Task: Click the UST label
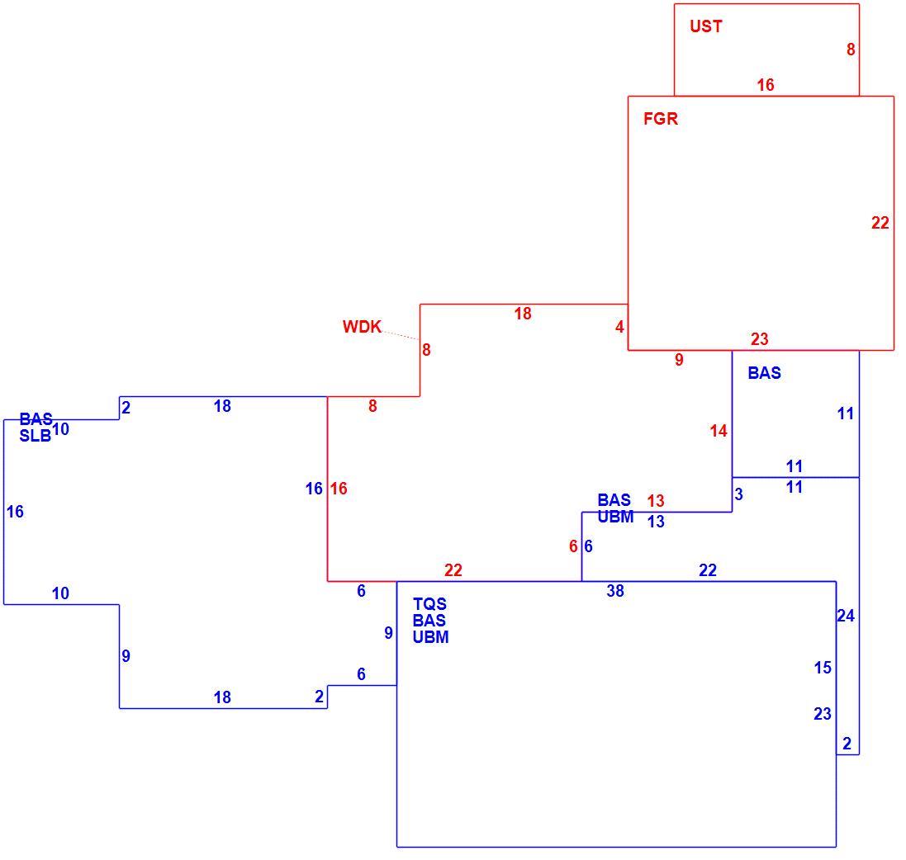pos(705,26)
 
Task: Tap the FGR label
pos(661,119)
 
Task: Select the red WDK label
pos(362,327)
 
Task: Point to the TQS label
pos(429,604)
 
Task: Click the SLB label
pos(36,436)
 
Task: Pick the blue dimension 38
pos(615,591)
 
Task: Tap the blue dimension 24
pos(846,617)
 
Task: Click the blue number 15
pos(823,668)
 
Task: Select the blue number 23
pos(823,714)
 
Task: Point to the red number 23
pos(760,339)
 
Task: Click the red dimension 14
pos(719,431)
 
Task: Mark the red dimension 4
pos(620,328)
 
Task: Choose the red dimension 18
pos(523,314)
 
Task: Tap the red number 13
pos(656,501)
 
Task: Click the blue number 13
pos(656,522)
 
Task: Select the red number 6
pos(573,546)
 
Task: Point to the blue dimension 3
pos(739,494)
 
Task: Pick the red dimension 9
pos(680,360)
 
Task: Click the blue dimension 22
pos(708,570)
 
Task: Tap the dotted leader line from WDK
pos(401,335)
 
